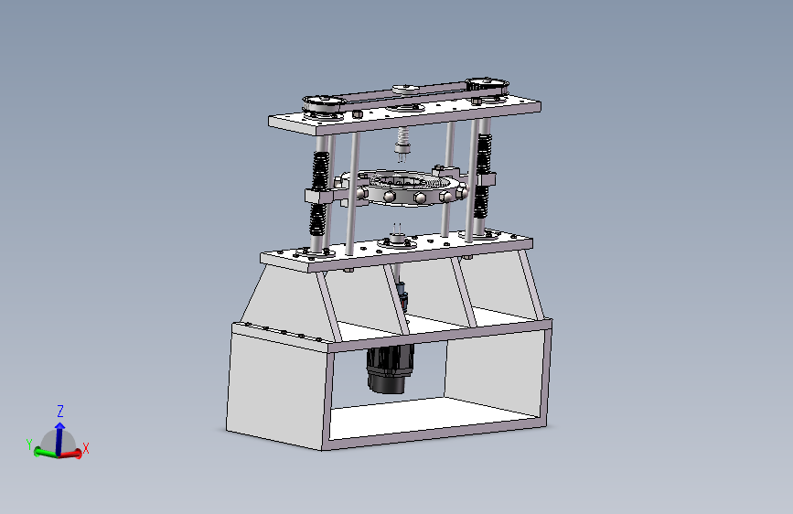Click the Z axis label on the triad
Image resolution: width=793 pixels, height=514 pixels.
pos(60,411)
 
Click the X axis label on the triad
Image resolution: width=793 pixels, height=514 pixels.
pos(85,448)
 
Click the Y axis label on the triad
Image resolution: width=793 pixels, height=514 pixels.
pos(29,444)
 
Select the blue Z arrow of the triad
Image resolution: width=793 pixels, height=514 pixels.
pos(59,438)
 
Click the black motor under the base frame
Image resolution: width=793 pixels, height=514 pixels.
pos(389,369)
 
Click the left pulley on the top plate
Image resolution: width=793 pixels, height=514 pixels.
pos(324,105)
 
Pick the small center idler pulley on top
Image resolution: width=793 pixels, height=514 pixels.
pos(405,90)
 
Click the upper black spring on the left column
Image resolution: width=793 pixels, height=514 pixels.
pos(320,171)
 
